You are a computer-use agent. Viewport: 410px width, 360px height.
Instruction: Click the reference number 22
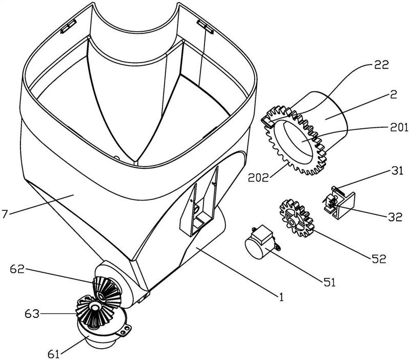382,65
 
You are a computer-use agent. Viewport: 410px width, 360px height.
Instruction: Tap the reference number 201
399,127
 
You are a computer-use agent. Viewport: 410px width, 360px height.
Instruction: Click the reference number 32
395,217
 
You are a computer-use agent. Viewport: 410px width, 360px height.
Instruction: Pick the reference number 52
379,258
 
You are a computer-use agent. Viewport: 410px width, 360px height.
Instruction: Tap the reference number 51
329,282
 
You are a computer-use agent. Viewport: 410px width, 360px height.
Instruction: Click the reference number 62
17,269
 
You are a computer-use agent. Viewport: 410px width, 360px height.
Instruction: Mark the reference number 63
32,313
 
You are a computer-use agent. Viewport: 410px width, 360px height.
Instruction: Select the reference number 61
54,354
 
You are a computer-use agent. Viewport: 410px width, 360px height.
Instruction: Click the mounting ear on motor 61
125,330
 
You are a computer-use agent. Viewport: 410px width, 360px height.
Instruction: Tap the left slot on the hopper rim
69,26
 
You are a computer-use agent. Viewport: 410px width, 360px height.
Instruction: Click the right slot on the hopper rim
206,27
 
